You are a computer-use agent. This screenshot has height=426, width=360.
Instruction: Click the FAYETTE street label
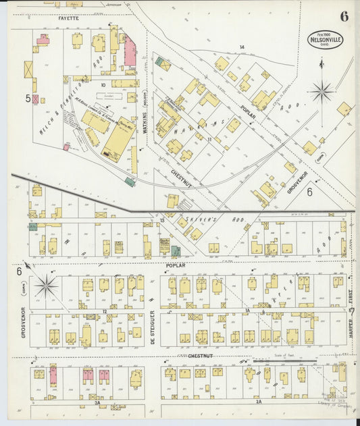(x=68, y=19)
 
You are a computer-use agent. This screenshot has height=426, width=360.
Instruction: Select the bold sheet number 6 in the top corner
(x=344, y=16)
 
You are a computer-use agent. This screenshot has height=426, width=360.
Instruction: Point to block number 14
(x=241, y=47)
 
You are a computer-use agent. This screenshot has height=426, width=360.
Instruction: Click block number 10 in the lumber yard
(x=103, y=85)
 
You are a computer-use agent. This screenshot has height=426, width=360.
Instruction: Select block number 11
(x=210, y=139)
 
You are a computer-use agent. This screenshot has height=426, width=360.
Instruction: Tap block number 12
(x=105, y=311)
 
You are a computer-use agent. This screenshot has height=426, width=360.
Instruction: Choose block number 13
(x=162, y=221)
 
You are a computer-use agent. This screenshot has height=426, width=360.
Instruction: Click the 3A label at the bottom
(x=97, y=402)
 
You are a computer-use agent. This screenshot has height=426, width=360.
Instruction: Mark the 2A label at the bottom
(x=259, y=402)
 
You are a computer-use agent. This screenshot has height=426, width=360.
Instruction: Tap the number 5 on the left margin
(x=28, y=98)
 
